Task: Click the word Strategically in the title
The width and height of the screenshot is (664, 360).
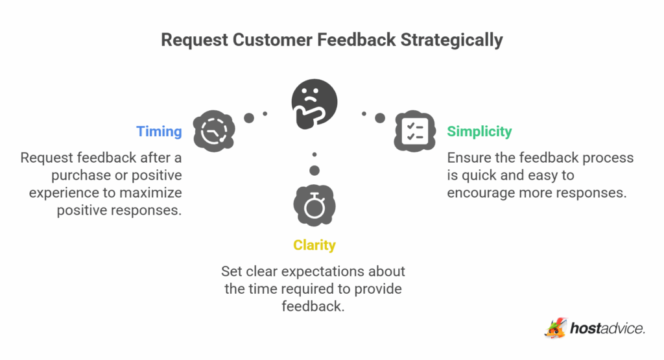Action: [451, 40]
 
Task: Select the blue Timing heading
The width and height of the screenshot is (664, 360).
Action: [159, 132]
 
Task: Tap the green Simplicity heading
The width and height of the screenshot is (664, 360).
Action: [479, 132]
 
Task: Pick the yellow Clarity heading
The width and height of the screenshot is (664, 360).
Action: [314, 245]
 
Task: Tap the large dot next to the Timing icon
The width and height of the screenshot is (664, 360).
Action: [249, 118]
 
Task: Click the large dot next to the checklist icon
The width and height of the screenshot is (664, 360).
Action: [380, 118]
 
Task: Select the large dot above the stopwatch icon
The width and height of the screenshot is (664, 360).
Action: [314, 171]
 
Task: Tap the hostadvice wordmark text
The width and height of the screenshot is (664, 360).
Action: [607, 329]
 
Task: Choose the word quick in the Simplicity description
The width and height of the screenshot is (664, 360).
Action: [478, 175]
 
